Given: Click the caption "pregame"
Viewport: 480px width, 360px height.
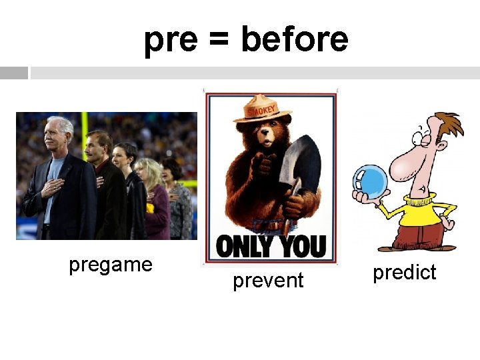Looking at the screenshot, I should tap(111, 265).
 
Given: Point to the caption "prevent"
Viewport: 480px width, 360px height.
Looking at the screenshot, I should tap(268, 281).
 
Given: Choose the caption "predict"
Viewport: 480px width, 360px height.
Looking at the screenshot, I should tap(404, 273).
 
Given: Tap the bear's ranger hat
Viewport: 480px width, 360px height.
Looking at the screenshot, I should tap(263, 112).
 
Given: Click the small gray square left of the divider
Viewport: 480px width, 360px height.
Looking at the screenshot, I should tap(14, 73).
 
